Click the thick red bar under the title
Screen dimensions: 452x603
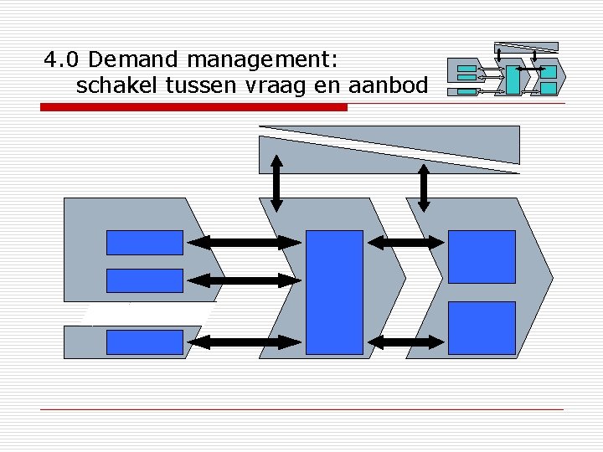[193, 107]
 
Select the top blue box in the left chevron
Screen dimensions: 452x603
[144, 242]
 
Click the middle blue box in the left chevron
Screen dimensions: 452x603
[144, 280]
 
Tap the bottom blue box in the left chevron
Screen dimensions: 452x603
[144, 342]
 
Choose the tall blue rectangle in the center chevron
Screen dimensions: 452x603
[334, 292]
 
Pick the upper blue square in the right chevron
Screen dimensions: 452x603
[482, 257]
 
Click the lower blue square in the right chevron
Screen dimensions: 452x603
[482, 327]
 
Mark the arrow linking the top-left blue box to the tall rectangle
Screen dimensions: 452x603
[244, 243]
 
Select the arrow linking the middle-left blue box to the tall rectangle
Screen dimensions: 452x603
[244, 280]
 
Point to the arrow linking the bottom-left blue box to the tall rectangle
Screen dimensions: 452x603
[244, 342]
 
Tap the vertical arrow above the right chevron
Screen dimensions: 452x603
[424, 186]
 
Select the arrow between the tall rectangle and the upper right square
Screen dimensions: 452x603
[406, 243]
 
